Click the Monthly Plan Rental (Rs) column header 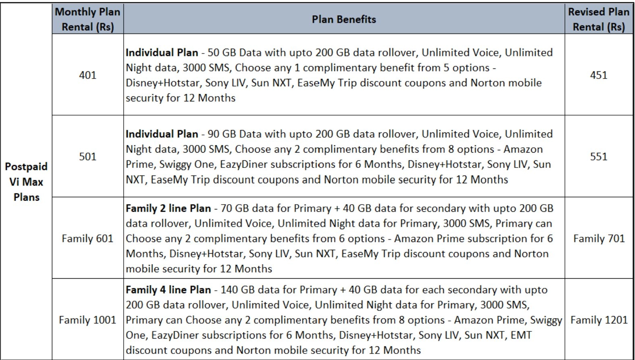tap(87, 19)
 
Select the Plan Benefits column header tap(344, 19)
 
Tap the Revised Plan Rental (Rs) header tap(598, 19)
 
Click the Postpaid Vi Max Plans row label tap(26, 182)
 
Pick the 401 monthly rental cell tap(87, 75)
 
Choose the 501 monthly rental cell tap(87, 157)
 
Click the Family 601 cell tap(87, 238)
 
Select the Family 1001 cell tap(87, 320)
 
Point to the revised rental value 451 tap(598, 75)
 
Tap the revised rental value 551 tap(598, 157)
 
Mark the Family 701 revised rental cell tap(599, 238)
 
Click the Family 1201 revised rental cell tap(599, 320)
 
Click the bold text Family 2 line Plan tap(168, 209)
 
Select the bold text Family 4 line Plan tap(168, 290)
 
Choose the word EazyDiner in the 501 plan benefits tap(243, 164)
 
